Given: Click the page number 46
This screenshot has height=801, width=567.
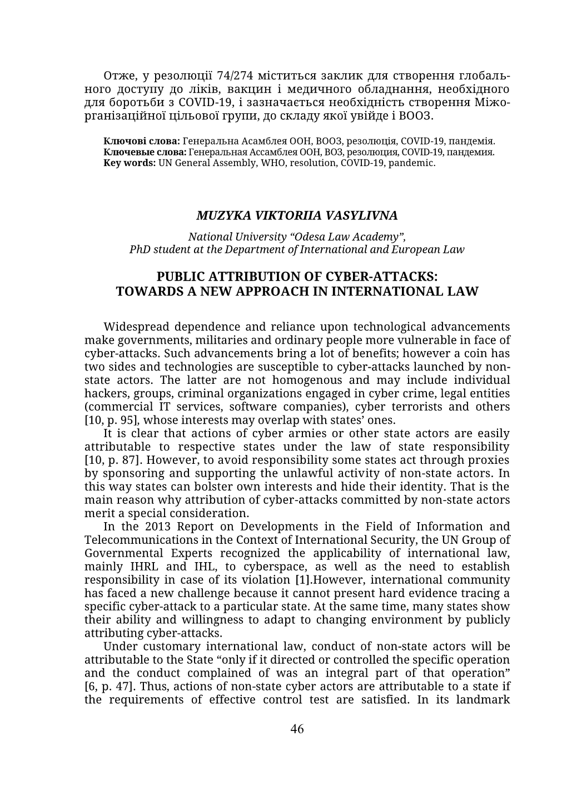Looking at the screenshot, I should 297,729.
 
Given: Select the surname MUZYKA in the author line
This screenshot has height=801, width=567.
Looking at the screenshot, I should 218,215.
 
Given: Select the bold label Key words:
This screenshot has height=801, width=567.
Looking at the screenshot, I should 130,163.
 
